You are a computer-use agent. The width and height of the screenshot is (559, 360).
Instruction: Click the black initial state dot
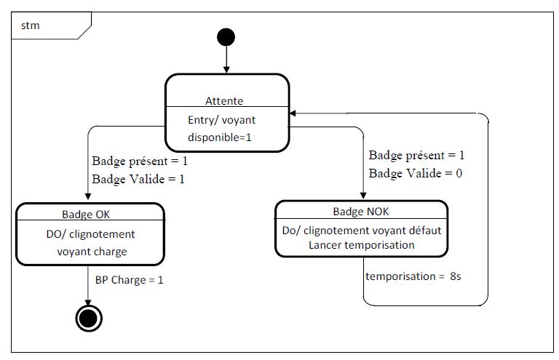click(226, 37)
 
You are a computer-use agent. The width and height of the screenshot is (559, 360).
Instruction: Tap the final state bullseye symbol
click(89, 319)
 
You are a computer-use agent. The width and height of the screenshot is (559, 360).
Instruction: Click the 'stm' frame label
click(31, 25)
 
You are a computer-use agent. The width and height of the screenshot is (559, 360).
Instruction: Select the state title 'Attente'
click(224, 101)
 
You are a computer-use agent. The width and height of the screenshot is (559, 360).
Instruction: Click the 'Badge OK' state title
click(86, 214)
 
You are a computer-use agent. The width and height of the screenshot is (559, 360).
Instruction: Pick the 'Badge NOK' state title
click(361, 212)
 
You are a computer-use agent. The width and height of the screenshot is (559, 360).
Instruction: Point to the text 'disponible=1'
click(220, 137)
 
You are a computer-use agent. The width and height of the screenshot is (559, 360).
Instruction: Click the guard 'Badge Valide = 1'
click(138, 179)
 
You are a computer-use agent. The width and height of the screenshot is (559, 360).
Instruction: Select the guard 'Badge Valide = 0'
click(416, 173)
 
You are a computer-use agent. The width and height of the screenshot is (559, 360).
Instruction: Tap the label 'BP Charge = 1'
click(129, 280)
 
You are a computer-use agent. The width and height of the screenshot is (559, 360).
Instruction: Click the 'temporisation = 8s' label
click(413, 276)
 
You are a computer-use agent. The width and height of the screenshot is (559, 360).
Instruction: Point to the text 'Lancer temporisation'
click(362, 245)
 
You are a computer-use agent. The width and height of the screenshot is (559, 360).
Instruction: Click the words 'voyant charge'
click(92, 252)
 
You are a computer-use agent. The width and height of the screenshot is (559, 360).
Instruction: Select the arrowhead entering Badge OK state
click(88, 197)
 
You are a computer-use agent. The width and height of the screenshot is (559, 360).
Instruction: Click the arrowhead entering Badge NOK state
click(363, 196)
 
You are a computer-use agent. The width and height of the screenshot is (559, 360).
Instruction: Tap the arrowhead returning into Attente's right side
click(293, 113)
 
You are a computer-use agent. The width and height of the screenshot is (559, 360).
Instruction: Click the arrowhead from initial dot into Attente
click(226, 70)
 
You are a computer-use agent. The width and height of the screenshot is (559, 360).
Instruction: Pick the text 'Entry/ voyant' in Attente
click(222, 120)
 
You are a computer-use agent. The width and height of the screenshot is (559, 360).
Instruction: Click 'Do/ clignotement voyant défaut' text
click(362, 231)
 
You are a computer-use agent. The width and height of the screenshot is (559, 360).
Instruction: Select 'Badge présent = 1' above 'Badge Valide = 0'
click(416, 155)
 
